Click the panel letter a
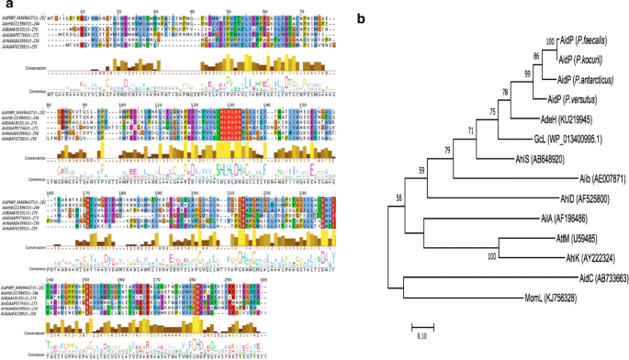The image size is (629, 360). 7,7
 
